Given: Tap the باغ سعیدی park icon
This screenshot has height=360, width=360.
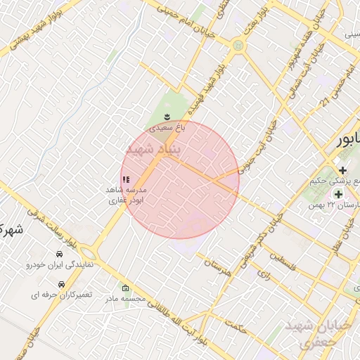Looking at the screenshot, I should coord(167,117).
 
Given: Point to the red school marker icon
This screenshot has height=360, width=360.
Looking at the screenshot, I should coord(125,180).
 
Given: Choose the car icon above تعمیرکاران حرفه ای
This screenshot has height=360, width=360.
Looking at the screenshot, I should coord(62,283).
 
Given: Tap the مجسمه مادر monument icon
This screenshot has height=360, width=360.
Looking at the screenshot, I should coord(125,288).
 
